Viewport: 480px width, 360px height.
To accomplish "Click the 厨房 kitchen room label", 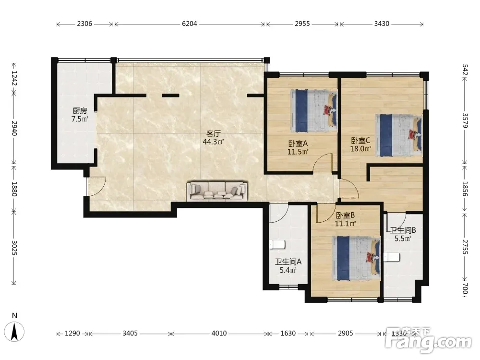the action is tap(80, 111).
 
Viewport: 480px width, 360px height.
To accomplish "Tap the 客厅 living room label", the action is tap(214, 134).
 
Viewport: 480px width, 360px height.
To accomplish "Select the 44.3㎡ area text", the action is tap(214, 142).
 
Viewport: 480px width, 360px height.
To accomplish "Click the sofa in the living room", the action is tap(217, 192).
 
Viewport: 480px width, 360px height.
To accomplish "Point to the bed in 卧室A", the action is tap(313, 110).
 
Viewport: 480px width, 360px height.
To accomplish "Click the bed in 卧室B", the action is tap(357, 258).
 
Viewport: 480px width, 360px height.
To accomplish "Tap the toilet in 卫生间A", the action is tap(277, 245).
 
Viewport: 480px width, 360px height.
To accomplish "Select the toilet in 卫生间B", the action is tap(392, 257).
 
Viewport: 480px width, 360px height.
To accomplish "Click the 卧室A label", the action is tap(298, 143).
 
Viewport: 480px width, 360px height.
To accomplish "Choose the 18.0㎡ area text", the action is tap(360, 149).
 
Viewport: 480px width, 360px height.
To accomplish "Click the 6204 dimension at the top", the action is tap(190, 24).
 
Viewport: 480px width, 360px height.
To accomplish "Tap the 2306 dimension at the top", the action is tap(84, 24).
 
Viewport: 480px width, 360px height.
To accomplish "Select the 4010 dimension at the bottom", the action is tap(219, 333).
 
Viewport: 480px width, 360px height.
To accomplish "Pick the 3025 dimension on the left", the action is tap(14, 247).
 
